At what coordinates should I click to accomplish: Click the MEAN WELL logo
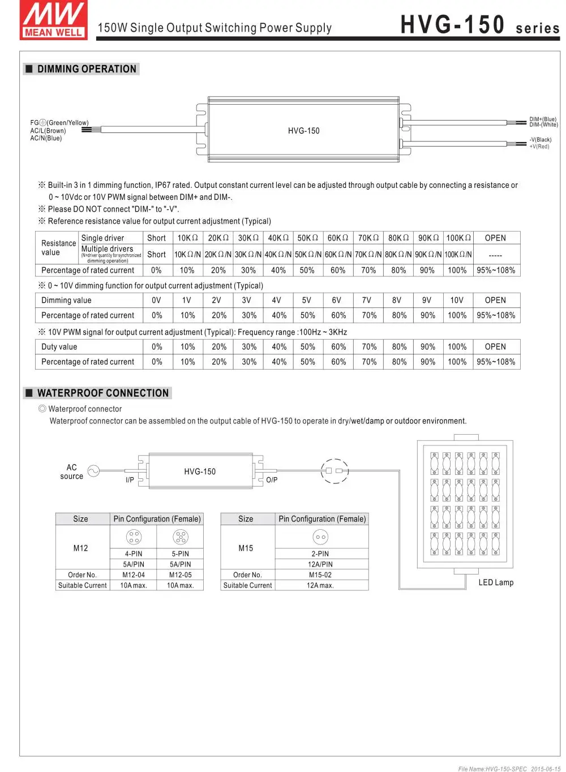tap(54, 20)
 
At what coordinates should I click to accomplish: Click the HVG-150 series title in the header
tap(479, 25)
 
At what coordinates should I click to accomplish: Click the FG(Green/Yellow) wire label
tap(59, 123)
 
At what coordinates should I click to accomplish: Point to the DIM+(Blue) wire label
tap(542, 119)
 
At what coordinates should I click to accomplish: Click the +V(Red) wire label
tap(539, 147)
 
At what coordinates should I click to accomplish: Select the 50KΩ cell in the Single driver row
tap(307, 238)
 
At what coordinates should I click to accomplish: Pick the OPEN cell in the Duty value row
tap(495, 346)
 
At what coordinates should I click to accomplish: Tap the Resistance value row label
tap(58, 248)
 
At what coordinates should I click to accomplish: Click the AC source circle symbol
tap(93, 471)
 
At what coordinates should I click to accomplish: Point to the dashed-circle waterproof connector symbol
tap(335, 471)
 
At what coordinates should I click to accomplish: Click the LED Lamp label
tap(496, 582)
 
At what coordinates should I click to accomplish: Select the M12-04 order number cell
tap(134, 574)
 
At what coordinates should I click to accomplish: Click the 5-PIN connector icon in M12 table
tap(180, 537)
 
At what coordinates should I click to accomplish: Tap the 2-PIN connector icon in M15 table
tap(320, 537)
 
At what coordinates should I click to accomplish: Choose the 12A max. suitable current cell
tap(320, 585)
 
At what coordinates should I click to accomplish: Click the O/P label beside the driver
tap(272, 480)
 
